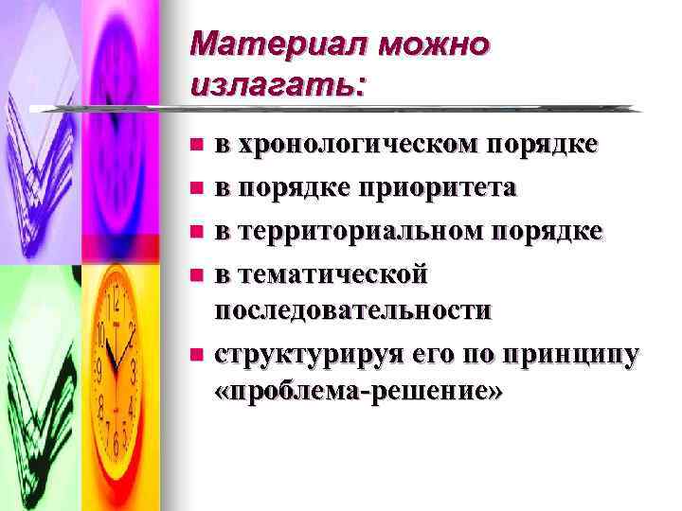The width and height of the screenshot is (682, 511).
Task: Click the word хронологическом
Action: (360, 145)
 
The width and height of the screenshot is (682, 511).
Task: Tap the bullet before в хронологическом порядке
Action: (196, 145)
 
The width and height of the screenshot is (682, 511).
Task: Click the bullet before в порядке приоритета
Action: (196, 187)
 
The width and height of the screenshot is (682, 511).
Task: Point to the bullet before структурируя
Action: (196, 355)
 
